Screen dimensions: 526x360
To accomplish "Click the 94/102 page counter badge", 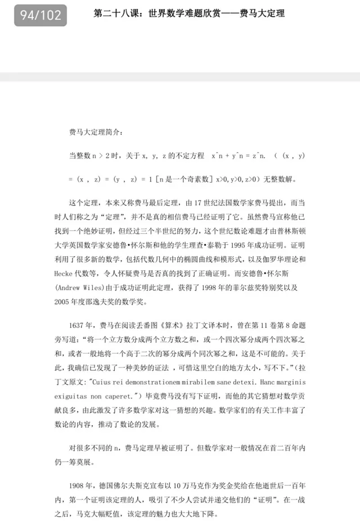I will pyautogui.click(x=40, y=15).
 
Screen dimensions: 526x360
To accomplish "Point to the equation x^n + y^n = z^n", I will pyautogui.click(x=237, y=155).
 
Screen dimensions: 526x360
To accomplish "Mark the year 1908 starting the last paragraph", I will pyautogui.click(x=79, y=486).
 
